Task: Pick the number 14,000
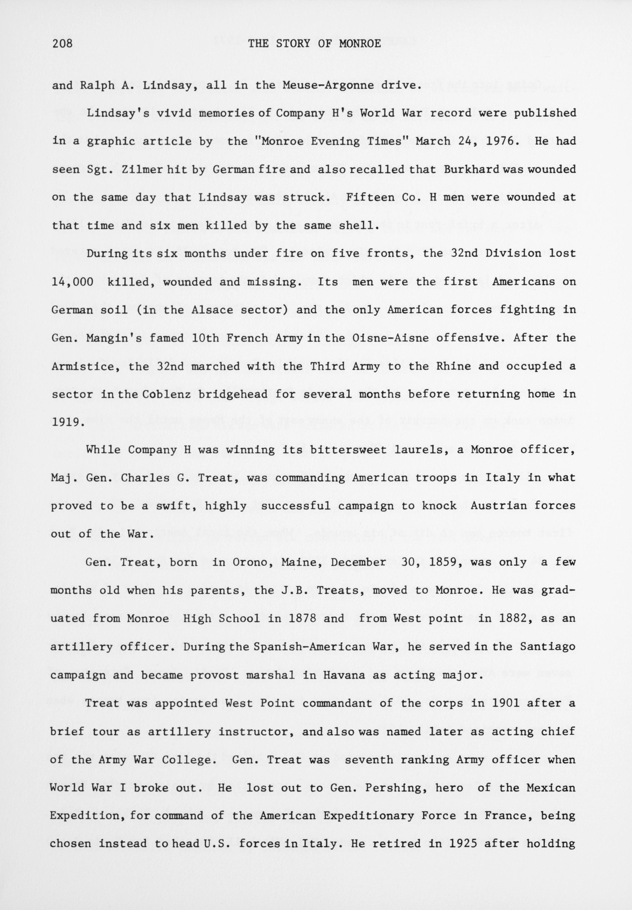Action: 72,282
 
